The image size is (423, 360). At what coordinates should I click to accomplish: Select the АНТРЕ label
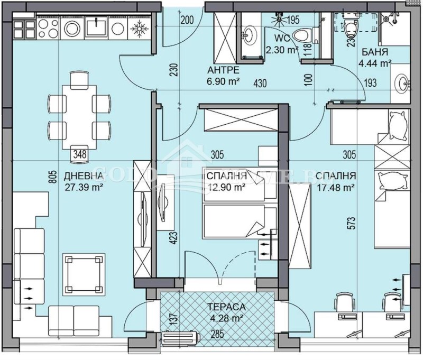tap(223, 70)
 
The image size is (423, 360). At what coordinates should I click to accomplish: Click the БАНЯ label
tap(375, 53)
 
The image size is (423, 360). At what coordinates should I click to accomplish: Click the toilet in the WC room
tap(301, 35)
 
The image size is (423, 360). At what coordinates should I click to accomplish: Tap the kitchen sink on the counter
tap(98, 26)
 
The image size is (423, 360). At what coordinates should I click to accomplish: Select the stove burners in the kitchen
tap(25, 26)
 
